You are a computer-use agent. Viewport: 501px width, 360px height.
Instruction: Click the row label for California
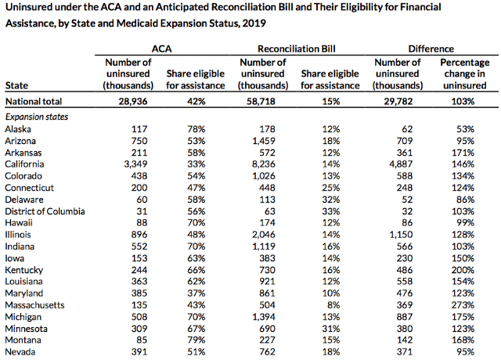[x=24, y=164]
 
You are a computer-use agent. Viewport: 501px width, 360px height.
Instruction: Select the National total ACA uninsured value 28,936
[x=133, y=102]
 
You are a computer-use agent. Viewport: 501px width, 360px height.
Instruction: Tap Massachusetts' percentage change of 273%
[x=463, y=305]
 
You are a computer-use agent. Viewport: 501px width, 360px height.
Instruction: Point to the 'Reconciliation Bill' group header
[x=297, y=49]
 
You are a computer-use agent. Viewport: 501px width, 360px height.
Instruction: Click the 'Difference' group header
[x=431, y=49]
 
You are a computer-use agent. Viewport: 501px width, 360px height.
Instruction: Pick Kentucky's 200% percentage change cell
[x=463, y=270]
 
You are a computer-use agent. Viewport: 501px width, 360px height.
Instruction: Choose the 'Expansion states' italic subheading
[x=37, y=117]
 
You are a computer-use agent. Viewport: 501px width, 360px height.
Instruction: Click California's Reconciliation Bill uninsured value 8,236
[x=264, y=164]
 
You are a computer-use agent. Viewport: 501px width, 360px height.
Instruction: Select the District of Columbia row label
[x=45, y=211]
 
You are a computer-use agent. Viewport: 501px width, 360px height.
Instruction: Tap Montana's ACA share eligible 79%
[x=196, y=340]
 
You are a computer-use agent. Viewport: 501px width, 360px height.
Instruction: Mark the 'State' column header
[x=16, y=85]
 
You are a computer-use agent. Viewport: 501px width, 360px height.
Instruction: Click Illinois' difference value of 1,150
[x=401, y=235]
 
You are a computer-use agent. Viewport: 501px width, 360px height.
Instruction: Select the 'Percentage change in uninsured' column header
[x=464, y=74]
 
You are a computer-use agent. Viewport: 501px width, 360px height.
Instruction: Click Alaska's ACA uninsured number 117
[x=139, y=129]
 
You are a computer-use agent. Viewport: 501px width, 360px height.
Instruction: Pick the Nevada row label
[x=20, y=352]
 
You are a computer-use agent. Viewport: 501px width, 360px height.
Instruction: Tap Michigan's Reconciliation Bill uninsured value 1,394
[x=264, y=317]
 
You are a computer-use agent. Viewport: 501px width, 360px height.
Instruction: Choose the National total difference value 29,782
[x=398, y=102]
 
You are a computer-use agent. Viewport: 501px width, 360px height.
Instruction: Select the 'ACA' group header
[x=161, y=49]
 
